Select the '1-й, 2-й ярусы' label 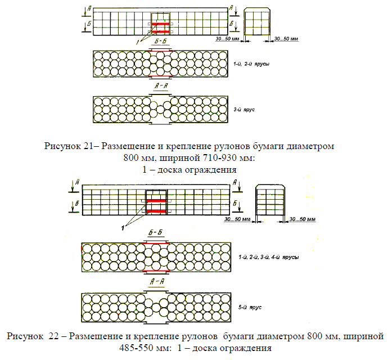tap(251, 65)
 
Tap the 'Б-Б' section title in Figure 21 tap(160, 42)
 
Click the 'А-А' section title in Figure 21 tap(160, 85)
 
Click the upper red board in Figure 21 tap(160, 24)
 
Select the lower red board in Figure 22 tap(156, 211)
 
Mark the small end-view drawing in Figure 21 tap(256, 21)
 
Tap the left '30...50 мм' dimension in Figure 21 tap(228, 39)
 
